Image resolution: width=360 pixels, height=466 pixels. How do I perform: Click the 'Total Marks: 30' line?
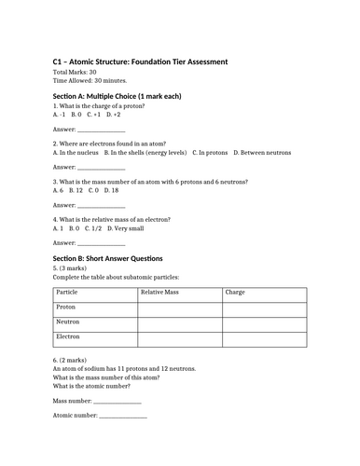[75, 73]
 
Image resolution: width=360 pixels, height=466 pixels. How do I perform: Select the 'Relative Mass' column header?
[160, 292]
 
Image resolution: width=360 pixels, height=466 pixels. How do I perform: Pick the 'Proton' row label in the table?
[66, 307]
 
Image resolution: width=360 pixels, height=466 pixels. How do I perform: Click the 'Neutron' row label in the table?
[68, 322]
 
